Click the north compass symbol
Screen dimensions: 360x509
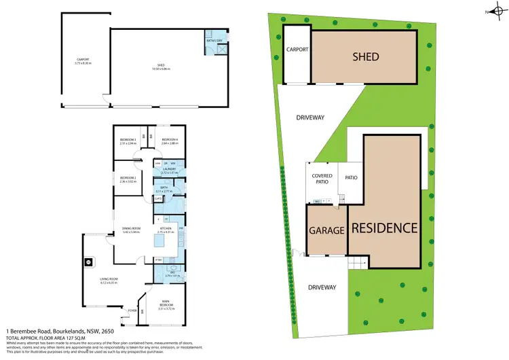[x=497, y=11]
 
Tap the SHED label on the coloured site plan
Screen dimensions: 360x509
[x=365, y=56]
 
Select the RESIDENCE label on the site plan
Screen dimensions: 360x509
[x=384, y=228]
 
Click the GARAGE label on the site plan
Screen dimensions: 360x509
[x=328, y=230]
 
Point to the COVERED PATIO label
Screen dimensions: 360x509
[x=322, y=179]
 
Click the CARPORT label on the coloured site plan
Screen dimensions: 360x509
[x=297, y=50]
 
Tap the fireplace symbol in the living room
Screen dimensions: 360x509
[x=88, y=262]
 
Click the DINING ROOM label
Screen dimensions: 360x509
[x=131, y=228]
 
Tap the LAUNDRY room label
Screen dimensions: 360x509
[x=168, y=170]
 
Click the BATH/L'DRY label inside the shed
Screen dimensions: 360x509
[x=214, y=41]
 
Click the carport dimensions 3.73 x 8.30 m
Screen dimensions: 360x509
[x=83, y=64]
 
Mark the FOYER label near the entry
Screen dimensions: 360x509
[x=132, y=310]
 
